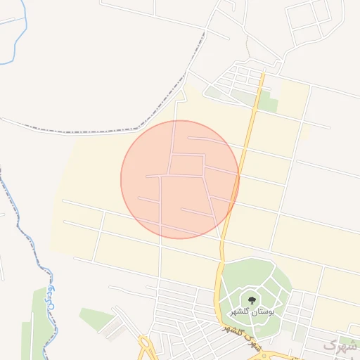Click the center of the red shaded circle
click(x=180, y=179)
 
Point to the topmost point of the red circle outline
click(x=180, y=120)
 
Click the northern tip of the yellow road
click(x=262, y=72)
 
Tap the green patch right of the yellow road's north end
click(x=267, y=102)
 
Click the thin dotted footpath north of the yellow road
click(x=247, y=46)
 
